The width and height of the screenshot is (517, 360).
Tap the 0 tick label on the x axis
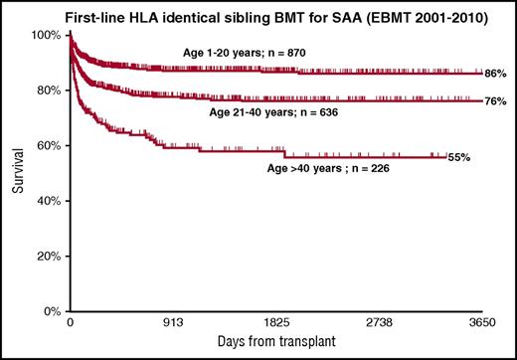pyautogui.click(x=70, y=324)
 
